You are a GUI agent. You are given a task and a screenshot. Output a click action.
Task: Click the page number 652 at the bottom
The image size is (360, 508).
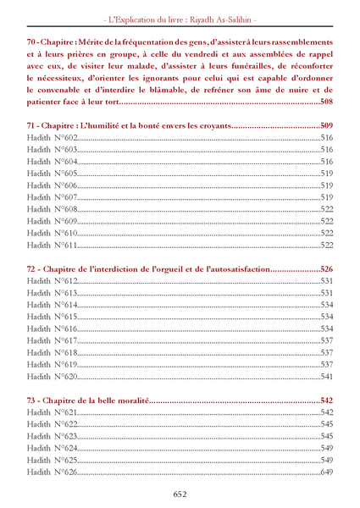pyautogui.click(x=180, y=494)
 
